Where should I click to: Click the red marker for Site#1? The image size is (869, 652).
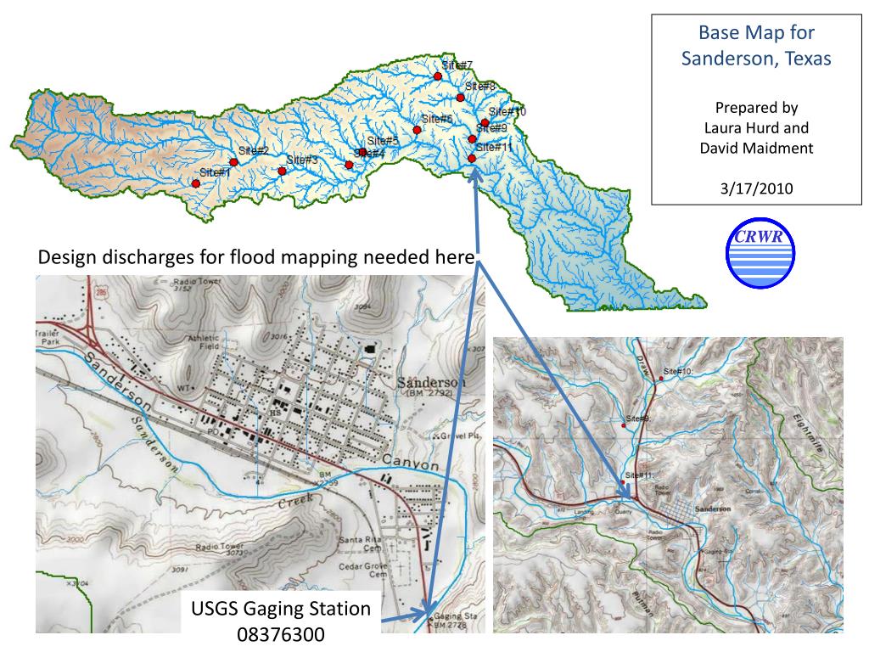[x=196, y=183]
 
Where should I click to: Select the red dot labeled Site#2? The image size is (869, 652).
[x=233, y=162]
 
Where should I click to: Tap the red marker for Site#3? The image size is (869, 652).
[x=282, y=171]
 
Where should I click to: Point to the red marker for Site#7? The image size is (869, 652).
[x=438, y=76]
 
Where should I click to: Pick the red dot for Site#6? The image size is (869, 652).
[x=418, y=130]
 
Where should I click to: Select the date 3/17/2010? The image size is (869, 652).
[x=756, y=188]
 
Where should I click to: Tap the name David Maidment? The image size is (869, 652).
[x=756, y=148]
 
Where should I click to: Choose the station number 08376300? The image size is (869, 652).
[x=281, y=634]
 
